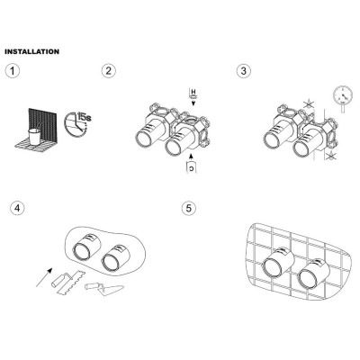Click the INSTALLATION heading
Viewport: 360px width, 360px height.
click(31, 51)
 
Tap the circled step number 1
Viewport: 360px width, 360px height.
click(13, 71)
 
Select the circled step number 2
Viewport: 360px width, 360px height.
click(109, 71)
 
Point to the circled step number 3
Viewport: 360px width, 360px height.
click(244, 71)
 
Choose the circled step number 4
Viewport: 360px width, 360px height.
click(17, 208)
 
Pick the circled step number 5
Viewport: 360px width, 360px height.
click(189, 208)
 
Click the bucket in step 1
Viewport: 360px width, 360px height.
click(34, 138)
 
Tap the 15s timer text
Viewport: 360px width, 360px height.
click(84, 116)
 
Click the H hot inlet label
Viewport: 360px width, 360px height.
click(193, 91)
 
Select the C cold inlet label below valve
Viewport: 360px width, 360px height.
click(192, 168)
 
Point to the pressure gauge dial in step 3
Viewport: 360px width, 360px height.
click(343, 95)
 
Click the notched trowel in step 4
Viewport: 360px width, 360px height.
click(68, 282)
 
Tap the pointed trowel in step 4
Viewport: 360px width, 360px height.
click(104, 289)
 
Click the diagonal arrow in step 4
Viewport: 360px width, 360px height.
click(44, 277)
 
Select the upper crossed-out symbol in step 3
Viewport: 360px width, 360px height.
click(308, 105)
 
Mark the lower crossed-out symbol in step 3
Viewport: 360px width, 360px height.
click(330, 155)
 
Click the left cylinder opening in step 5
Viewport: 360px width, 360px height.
click(272, 266)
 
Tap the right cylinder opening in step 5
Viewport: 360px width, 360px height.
click(308, 276)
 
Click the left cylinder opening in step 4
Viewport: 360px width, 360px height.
click(82, 251)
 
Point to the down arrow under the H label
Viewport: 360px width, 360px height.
click(193, 103)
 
